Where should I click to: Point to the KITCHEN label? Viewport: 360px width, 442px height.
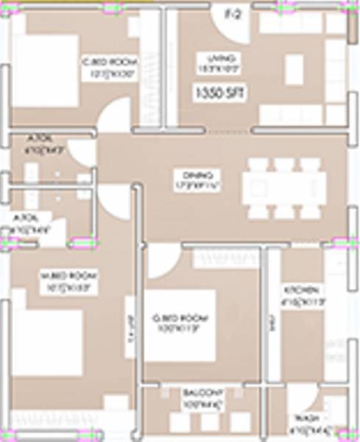point(301,289)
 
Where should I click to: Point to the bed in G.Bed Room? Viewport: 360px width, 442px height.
point(180,324)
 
